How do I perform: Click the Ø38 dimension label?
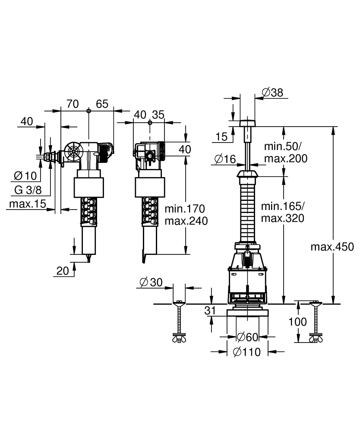click(x=272, y=92)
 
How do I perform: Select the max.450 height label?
click(x=332, y=247)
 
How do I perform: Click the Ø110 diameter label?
click(x=246, y=352)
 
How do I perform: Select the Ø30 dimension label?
click(x=151, y=282)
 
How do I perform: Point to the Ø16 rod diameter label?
click(x=225, y=159)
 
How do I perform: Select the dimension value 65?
click(x=102, y=104)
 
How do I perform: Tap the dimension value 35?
click(x=158, y=114)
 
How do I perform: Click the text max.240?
click(x=186, y=221)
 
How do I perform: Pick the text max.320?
click(x=282, y=218)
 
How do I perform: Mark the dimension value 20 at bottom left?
click(x=63, y=270)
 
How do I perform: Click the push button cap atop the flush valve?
click(x=247, y=123)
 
